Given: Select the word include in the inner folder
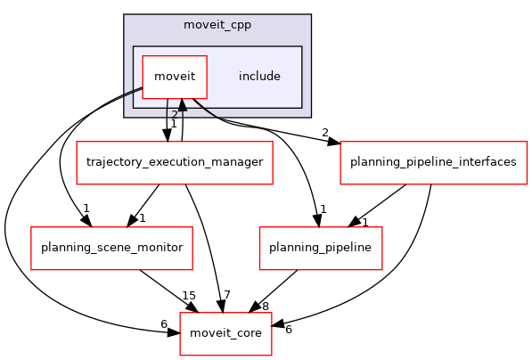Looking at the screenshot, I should coord(259,77).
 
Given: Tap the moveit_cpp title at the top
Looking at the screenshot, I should coord(217,25).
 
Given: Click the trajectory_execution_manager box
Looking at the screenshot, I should coord(174,162).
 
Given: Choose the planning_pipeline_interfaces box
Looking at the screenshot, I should coord(433,162).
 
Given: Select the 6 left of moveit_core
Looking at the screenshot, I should coord(163,324).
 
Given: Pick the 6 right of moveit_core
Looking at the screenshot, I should coord(287,330).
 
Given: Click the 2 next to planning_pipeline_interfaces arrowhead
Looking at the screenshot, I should coord(324,133).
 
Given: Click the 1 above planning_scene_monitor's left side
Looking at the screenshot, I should coord(86,209).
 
